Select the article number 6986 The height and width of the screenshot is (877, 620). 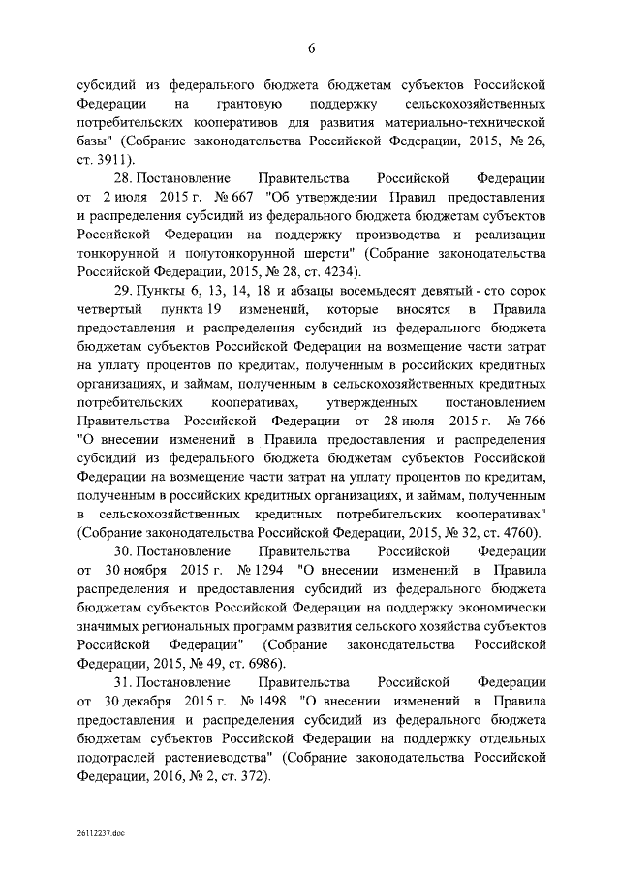tap(260, 663)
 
